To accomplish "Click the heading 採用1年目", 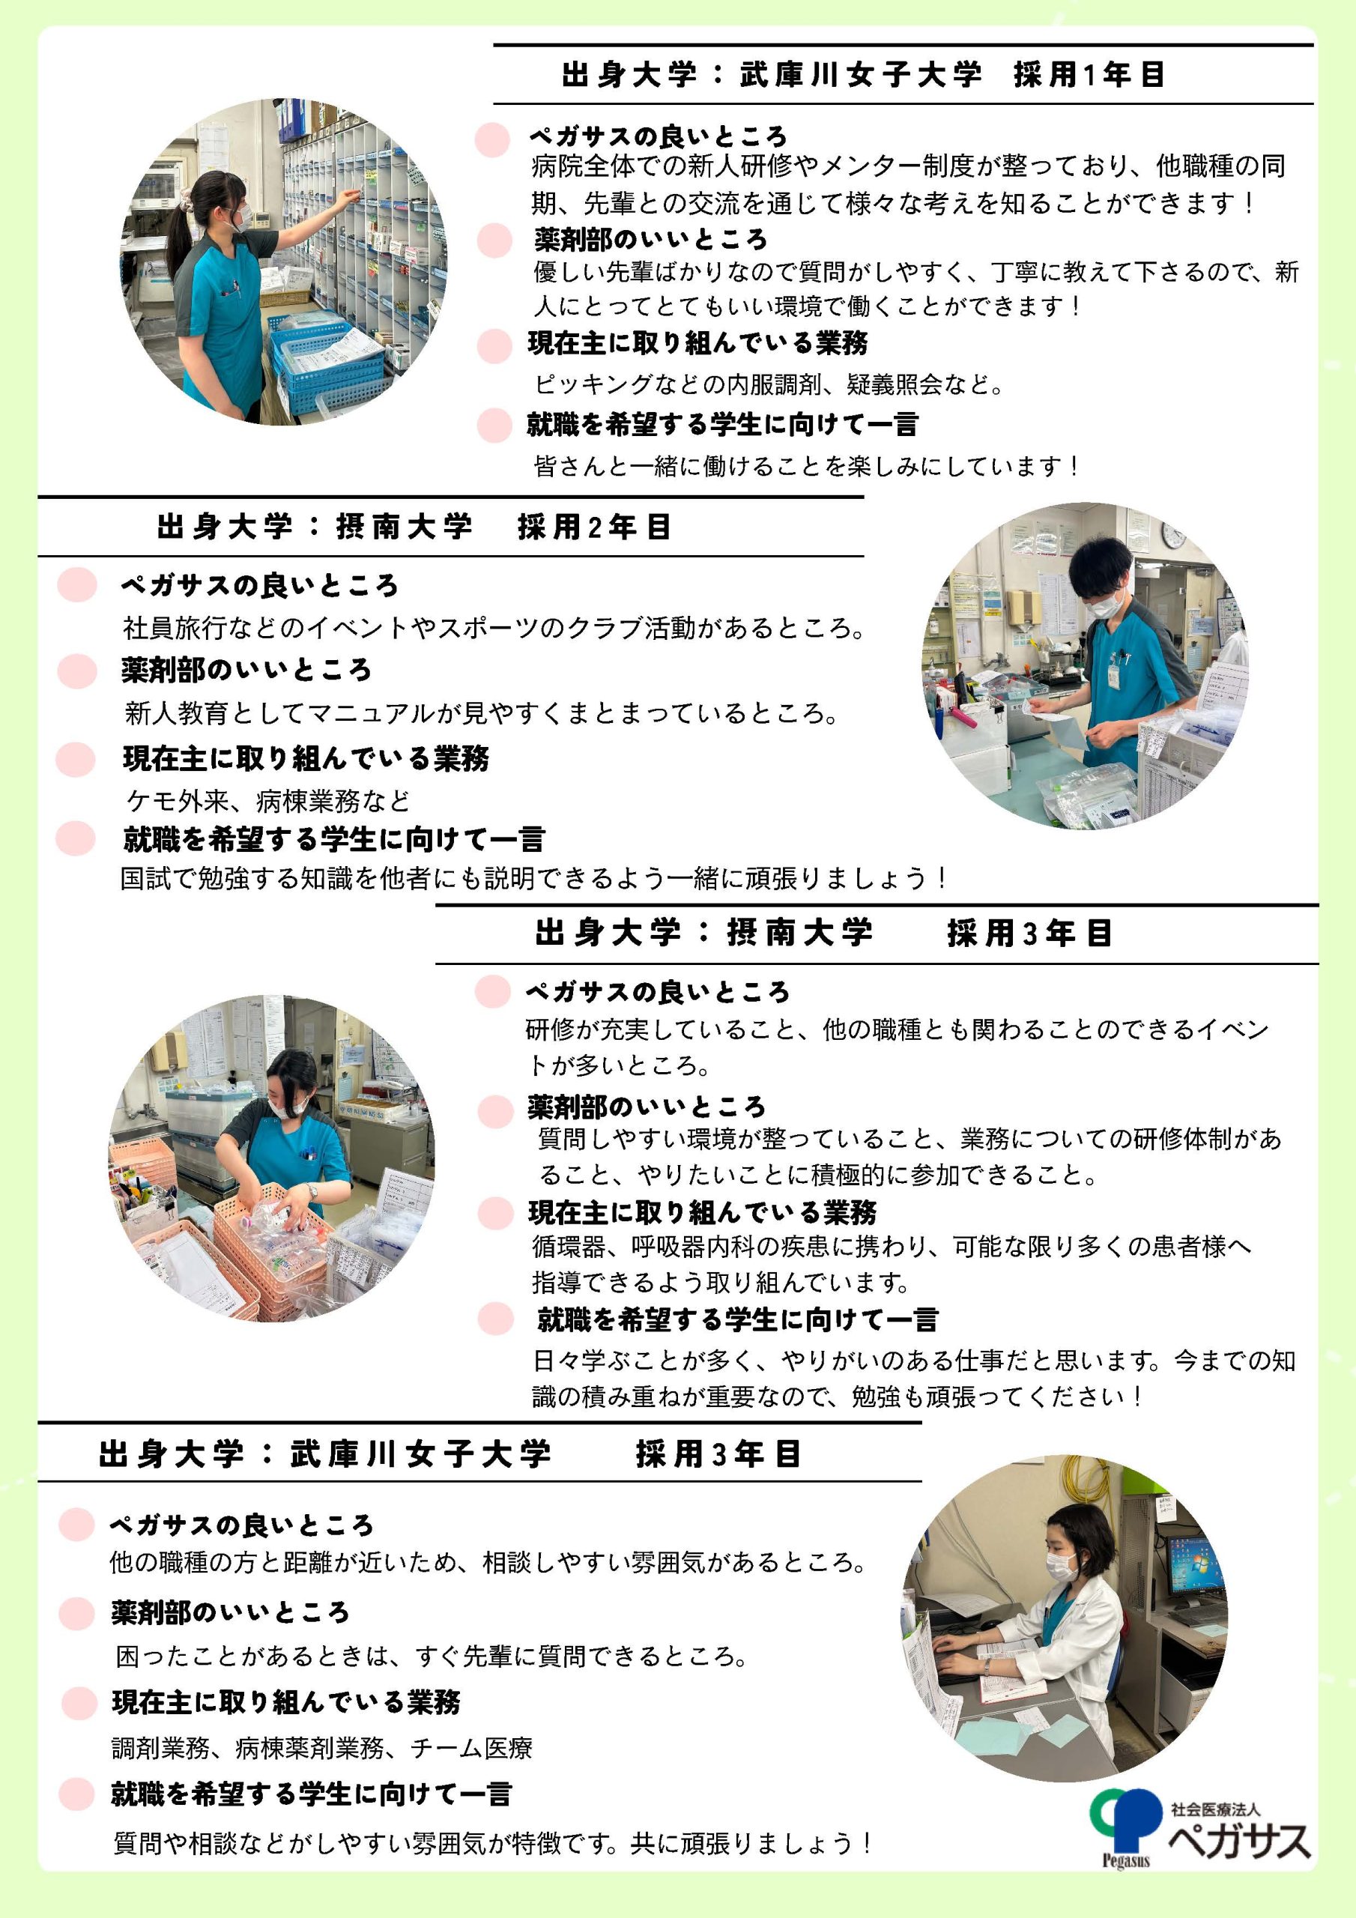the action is [x=1089, y=74].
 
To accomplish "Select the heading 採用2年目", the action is [x=594, y=527].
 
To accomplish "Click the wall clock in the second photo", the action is [x=1174, y=536].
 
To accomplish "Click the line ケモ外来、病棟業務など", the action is [x=268, y=801].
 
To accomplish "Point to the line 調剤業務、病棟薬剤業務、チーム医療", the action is [x=321, y=1748].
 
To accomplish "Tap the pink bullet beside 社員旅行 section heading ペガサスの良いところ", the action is [x=78, y=584].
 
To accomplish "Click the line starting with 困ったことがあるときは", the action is [x=431, y=1656].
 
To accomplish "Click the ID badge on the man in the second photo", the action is [x=1114, y=674].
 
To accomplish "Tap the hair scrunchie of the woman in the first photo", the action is [x=188, y=202].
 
